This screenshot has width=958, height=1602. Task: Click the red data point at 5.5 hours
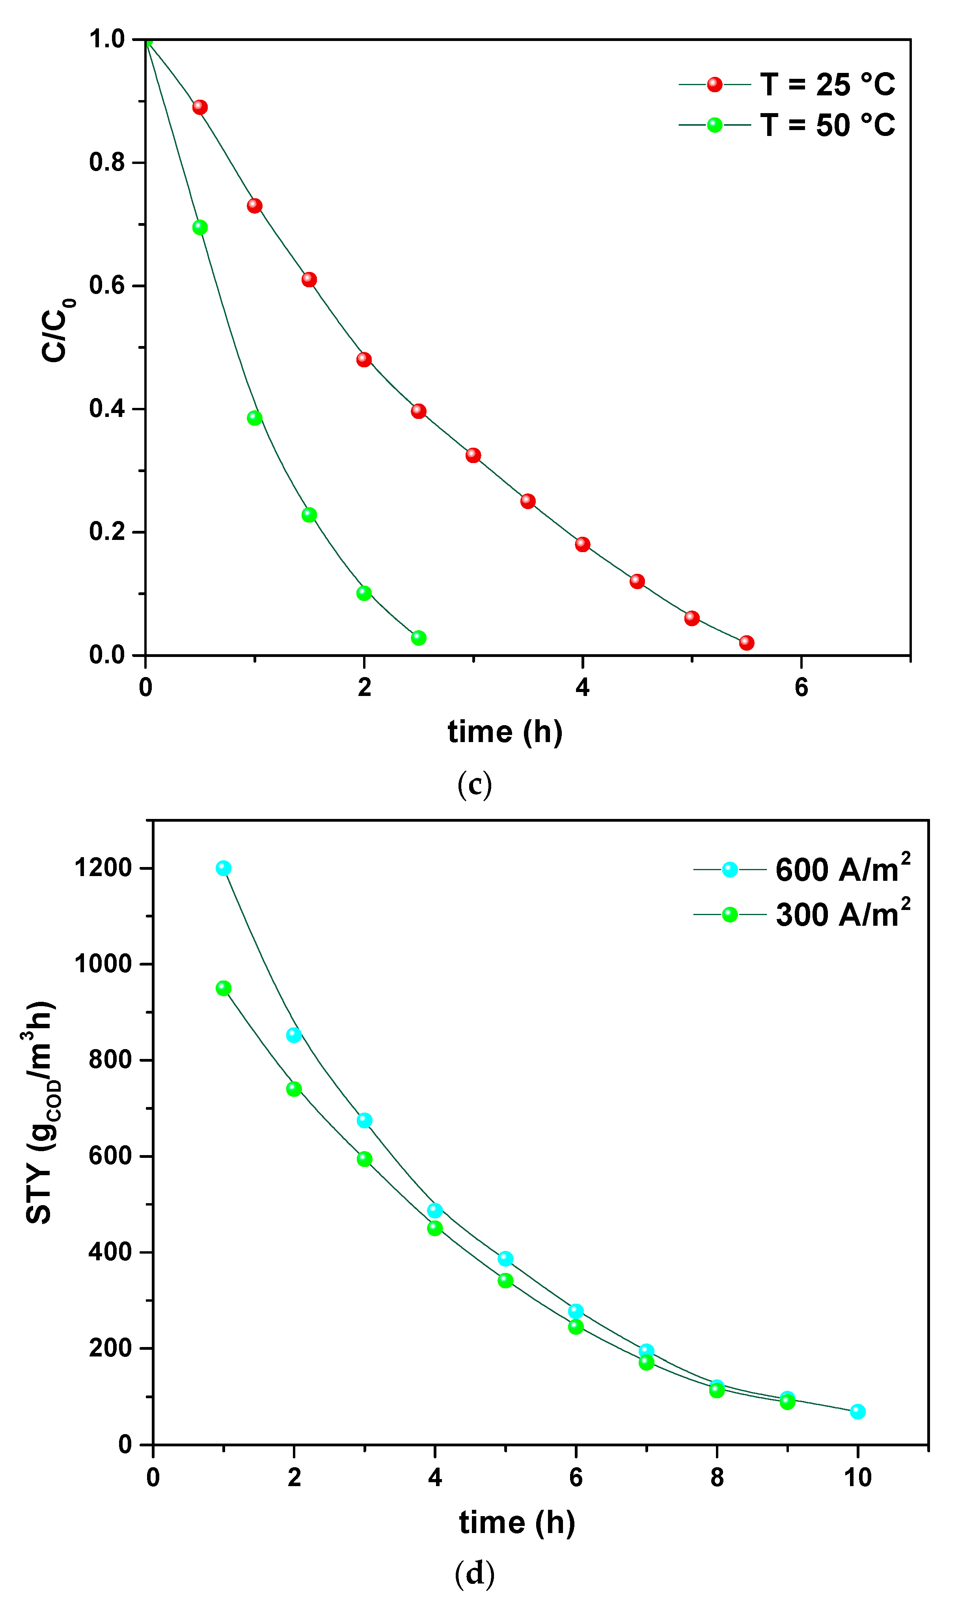click(x=746, y=643)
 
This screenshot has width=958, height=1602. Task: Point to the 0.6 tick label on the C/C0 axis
click(x=107, y=286)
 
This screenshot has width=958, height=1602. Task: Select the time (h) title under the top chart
click(x=505, y=732)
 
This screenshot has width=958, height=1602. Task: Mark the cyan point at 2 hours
click(x=294, y=1035)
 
